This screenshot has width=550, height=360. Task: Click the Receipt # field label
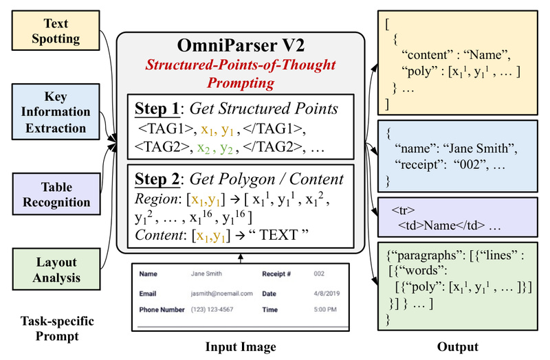277,273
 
